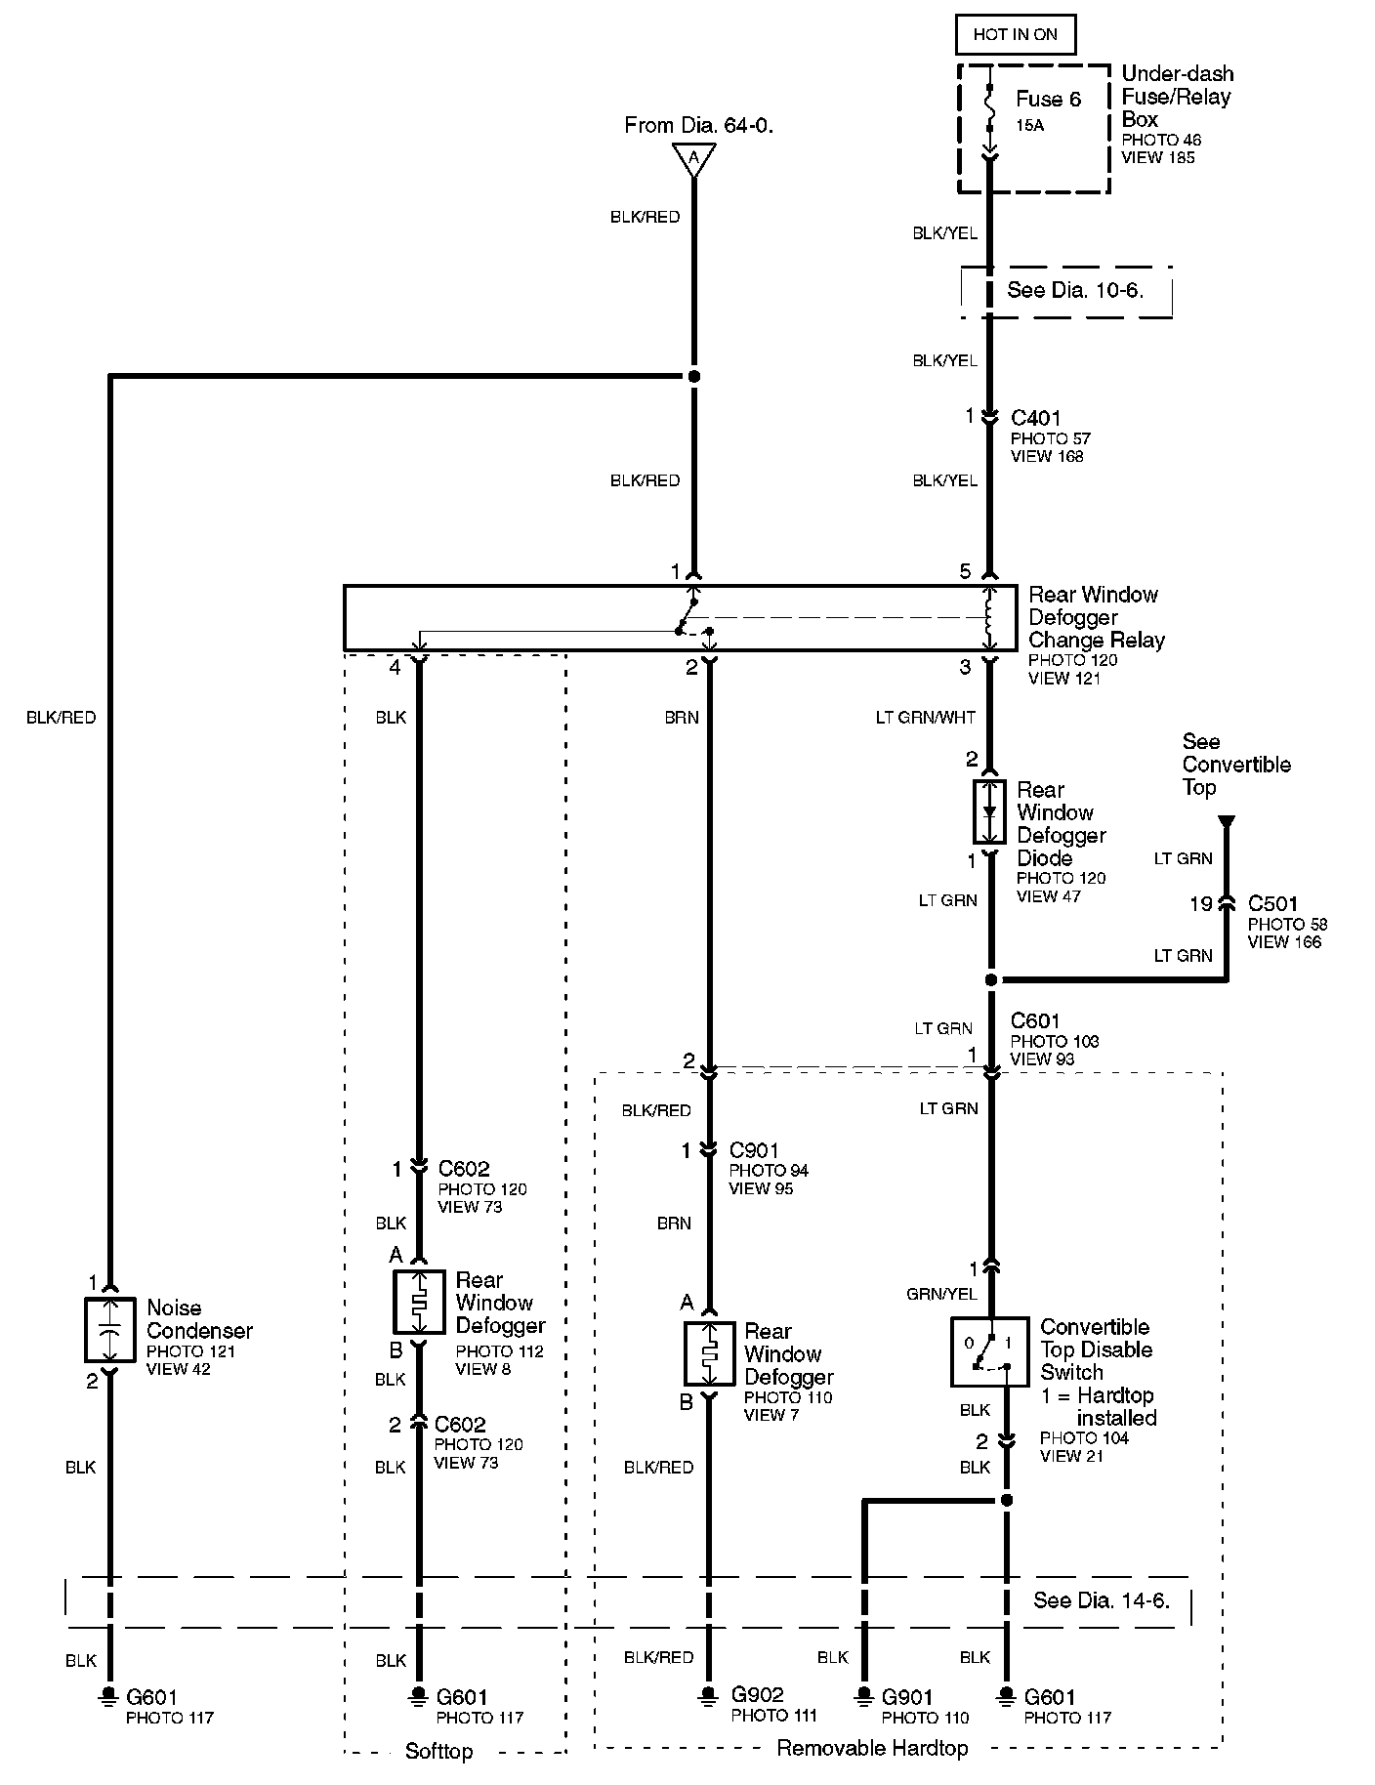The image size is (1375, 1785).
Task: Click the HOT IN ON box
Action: (x=1016, y=35)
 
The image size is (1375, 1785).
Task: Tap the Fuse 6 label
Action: (x=1048, y=100)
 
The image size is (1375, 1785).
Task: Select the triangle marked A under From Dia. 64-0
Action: (x=693, y=158)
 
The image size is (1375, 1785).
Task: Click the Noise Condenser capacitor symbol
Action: (x=111, y=1330)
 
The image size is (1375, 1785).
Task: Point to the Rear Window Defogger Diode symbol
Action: (x=989, y=811)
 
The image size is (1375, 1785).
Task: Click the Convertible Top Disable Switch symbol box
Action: (x=989, y=1351)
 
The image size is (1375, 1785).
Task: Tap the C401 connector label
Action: (x=1035, y=418)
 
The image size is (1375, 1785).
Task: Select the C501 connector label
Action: (x=1272, y=904)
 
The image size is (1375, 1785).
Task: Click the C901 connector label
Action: (x=754, y=1150)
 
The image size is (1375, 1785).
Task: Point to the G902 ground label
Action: (x=757, y=1695)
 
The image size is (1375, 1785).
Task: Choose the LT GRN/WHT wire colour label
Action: (x=926, y=718)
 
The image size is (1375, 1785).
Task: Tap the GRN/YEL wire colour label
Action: (x=941, y=1295)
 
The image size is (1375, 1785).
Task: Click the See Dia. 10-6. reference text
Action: (x=1075, y=291)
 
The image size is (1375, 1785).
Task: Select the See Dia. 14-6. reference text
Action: (x=1102, y=1601)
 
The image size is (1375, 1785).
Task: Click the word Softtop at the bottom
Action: (x=438, y=1752)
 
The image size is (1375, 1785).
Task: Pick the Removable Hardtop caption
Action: (x=872, y=1749)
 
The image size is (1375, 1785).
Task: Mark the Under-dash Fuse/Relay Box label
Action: (x=1177, y=97)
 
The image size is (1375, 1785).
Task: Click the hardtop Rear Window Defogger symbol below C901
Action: (x=710, y=1353)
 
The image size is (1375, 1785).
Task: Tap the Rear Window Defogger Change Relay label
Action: (x=1096, y=617)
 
